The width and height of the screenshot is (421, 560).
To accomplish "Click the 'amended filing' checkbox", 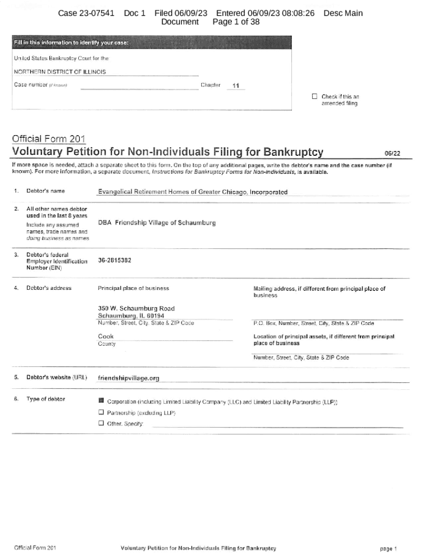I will coord(314,97).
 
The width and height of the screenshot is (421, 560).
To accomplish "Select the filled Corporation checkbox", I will coord(101,401).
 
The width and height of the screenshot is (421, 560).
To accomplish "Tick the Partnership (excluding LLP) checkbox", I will coord(101,413).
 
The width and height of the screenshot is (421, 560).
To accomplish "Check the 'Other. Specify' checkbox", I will coord(101,423).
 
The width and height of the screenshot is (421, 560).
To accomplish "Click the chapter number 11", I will coord(236,86).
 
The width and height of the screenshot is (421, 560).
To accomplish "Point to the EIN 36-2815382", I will coord(114,261).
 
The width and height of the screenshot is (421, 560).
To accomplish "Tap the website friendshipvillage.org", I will coord(128,378).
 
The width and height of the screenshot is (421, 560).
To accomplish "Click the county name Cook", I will coord(106,336).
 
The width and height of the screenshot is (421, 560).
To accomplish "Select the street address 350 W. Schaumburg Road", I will coord(136,308).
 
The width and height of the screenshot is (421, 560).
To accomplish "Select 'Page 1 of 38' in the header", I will coord(236,22).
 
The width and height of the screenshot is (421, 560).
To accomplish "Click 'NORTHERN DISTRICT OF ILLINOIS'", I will coord(60,72).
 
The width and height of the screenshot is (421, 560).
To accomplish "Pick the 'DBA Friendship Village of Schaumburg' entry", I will coord(156,223).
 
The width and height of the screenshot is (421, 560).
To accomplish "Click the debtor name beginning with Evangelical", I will coord(192,192).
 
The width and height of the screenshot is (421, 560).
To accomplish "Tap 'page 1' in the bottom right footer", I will coord(388,548).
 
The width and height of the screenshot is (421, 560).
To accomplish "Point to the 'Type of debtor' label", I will coord(45,399).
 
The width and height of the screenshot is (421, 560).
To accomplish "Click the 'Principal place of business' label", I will coord(133,288).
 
